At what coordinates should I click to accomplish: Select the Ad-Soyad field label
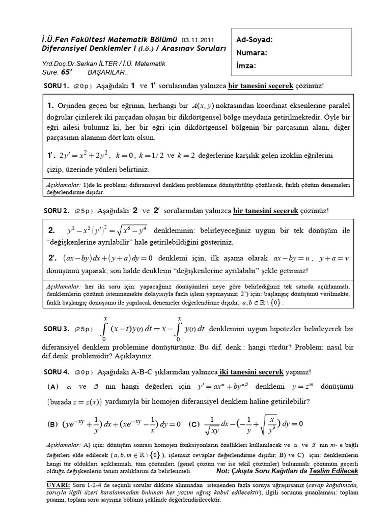coord(255,40)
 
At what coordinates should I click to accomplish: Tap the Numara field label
coord(252,52)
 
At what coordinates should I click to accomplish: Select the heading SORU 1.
coord(55,86)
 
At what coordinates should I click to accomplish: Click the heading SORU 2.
coord(55,211)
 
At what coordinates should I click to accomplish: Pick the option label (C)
coord(194,423)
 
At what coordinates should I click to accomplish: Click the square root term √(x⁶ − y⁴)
coord(124,231)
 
